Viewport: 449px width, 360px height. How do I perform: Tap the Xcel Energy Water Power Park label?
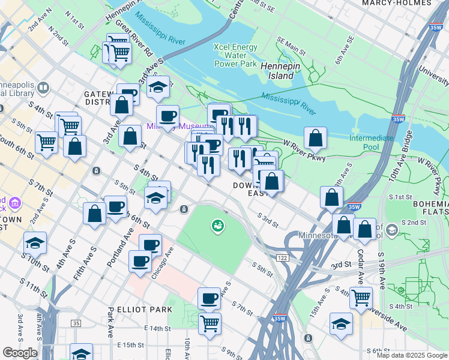236,55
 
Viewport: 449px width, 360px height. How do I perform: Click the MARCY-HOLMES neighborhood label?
397,3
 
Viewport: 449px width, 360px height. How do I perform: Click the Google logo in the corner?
19,353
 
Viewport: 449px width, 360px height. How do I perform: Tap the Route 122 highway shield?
282,257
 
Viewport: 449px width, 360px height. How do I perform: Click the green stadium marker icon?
216,226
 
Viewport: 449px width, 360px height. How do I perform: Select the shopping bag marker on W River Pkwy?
315,139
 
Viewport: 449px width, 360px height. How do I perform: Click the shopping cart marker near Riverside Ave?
361,297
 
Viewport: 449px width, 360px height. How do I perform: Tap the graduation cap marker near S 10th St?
35,242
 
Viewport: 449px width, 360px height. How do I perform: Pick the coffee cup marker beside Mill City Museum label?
168,115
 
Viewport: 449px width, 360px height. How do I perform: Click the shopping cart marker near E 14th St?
209,323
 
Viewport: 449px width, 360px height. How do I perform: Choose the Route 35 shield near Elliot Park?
76,323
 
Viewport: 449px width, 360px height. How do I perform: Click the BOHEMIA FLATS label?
430,208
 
